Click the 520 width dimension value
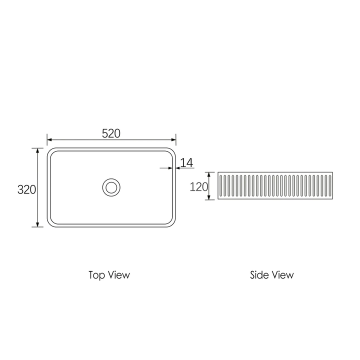tap(111, 133)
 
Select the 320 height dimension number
tap(26, 189)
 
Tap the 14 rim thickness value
tap(186, 162)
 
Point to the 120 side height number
tap(199, 187)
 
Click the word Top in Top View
tap(97, 275)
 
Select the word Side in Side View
tap(259, 275)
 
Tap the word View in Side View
tap(282, 275)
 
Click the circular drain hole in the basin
tap(111, 187)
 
